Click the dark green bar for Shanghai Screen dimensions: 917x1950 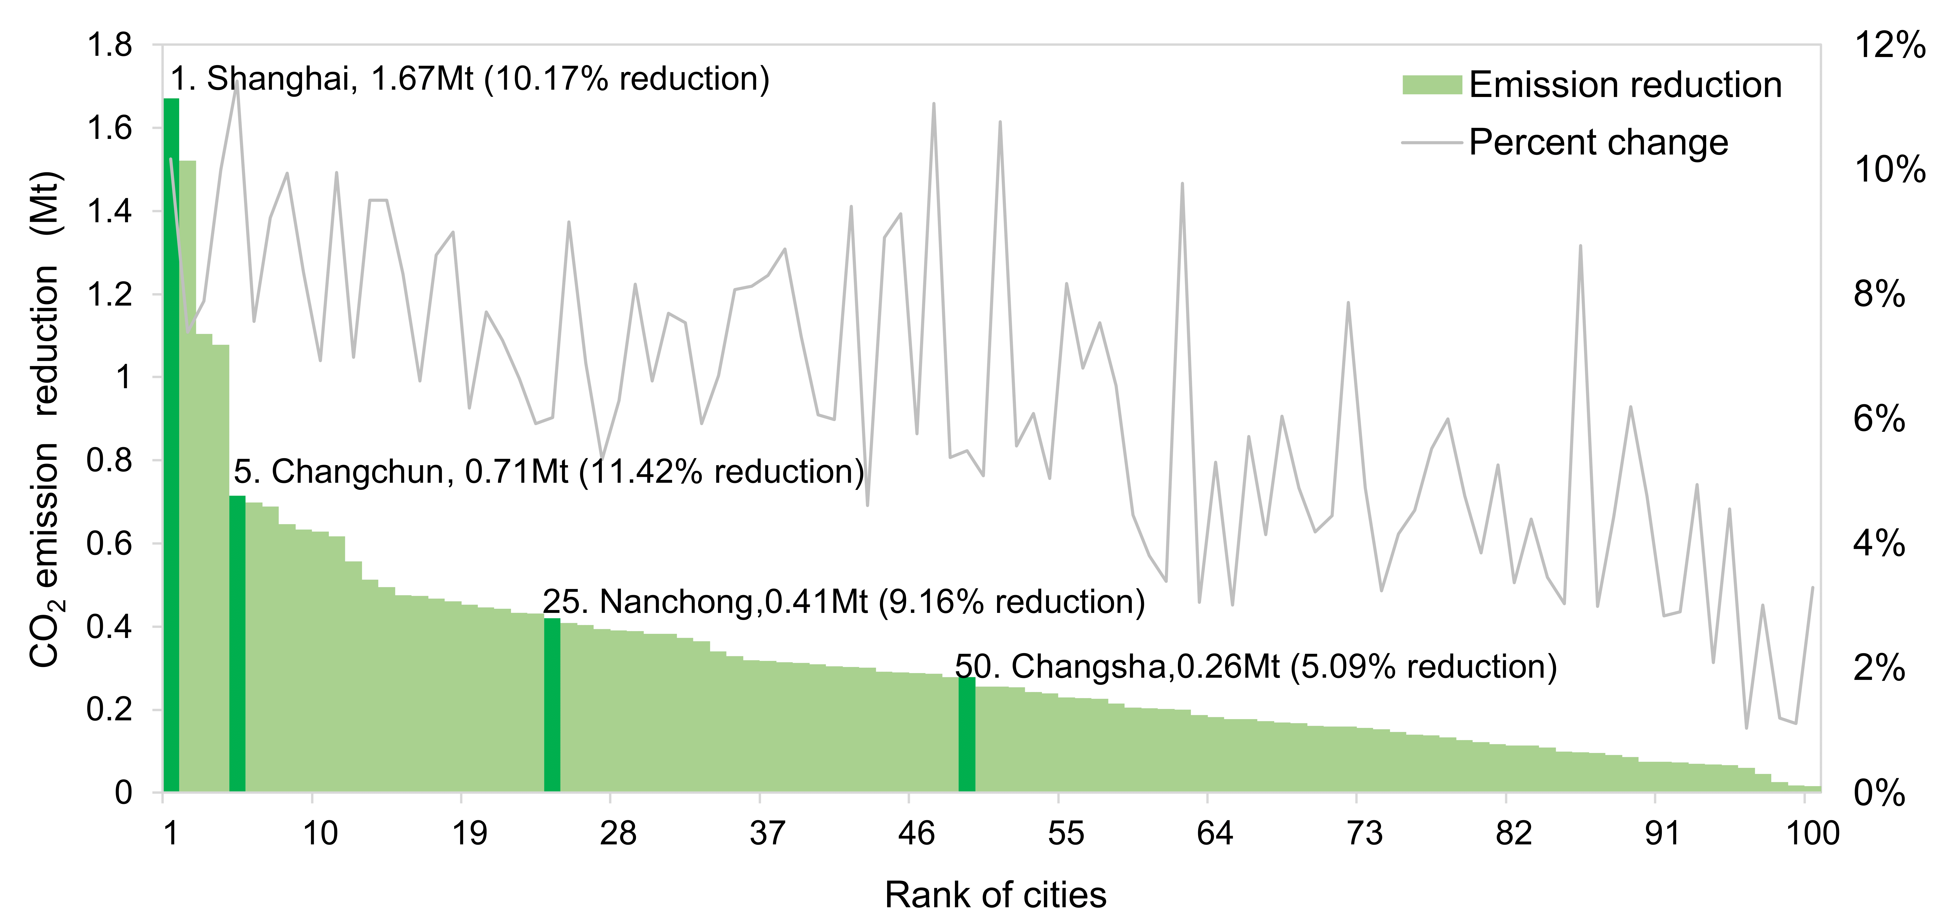coord(171,446)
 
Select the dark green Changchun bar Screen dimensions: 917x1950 coord(237,643)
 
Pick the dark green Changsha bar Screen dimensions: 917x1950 coord(967,734)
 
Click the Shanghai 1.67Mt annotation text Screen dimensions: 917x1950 coord(469,79)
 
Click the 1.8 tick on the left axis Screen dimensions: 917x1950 coord(110,45)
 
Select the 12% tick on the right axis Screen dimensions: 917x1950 coord(1890,45)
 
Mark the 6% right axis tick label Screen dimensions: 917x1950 coord(1880,419)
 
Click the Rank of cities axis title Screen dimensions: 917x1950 coord(995,895)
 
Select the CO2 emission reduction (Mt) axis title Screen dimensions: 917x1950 coord(45,420)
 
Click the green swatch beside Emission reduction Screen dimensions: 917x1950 coord(1431,85)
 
